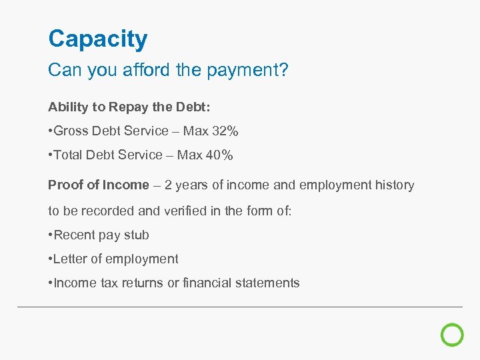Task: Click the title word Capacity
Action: tap(97, 40)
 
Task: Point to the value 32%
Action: tap(225, 131)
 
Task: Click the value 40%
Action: tap(220, 155)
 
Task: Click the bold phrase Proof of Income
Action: tap(99, 185)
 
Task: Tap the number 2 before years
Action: tap(169, 185)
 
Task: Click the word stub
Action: tap(137, 235)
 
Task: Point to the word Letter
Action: tap(71, 259)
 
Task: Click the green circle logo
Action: tap(452, 335)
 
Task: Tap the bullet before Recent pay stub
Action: tap(50, 235)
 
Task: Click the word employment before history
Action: tap(331, 185)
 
